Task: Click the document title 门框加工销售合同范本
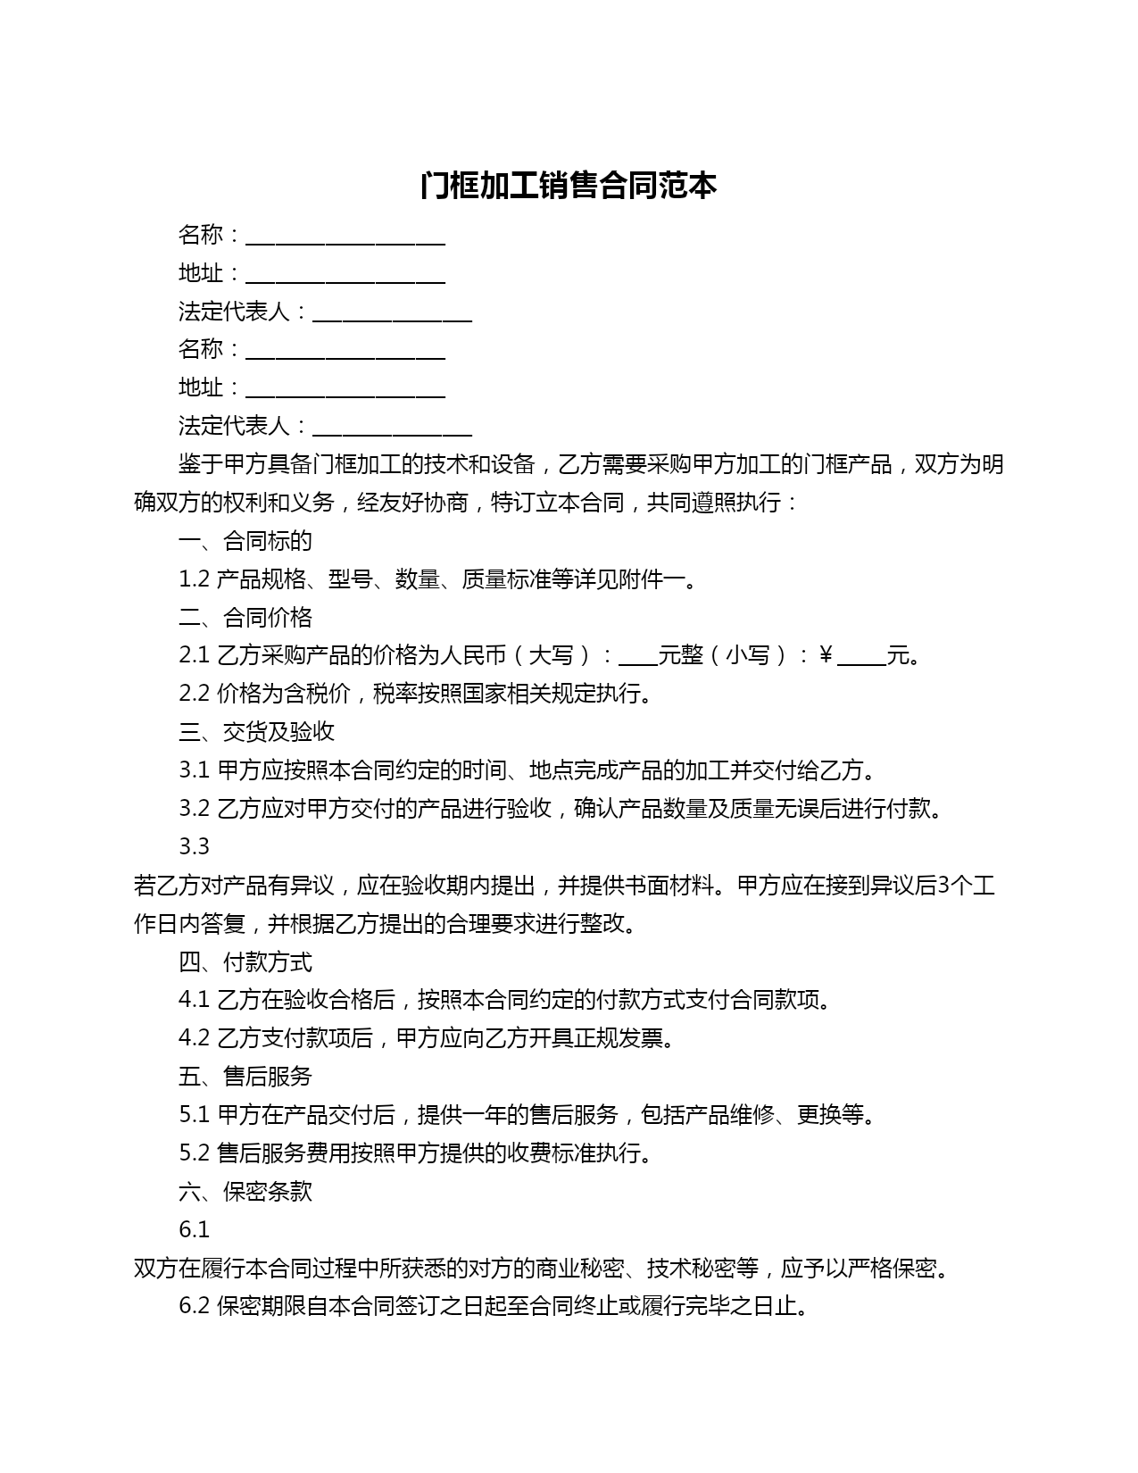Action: coord(569,186)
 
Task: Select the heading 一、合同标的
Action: coord(245,541)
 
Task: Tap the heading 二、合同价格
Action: coord(245,618)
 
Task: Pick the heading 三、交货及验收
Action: coord(256,732)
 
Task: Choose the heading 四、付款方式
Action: coord(245,962)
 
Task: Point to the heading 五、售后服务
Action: coord(245,1077)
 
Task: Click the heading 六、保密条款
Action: coord(245,1192)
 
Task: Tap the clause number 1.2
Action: coord(194,579)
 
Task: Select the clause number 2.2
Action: coord(194,694)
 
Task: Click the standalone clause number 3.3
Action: coord(194,846)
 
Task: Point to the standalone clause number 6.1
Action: coord(194,1230)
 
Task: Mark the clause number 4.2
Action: coord(194,1038)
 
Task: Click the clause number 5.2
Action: coord(194,1153)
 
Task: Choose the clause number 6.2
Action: coord(194,1307)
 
